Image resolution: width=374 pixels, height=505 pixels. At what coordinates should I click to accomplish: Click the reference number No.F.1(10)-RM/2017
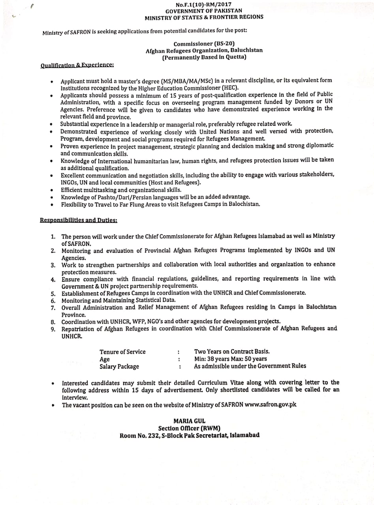(x=204, y=4)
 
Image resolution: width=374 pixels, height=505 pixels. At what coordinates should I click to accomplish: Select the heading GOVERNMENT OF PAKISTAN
(x=204, y=11)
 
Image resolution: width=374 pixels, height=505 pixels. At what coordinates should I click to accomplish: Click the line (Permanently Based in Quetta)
(x=204, y=57)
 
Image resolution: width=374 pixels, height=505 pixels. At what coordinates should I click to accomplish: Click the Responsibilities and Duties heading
(x=79, y=220)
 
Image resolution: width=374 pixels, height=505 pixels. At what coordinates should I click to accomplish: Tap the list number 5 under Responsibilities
(x=53, y=293)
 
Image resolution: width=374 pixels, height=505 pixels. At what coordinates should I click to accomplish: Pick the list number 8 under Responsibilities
(x=53, y=322)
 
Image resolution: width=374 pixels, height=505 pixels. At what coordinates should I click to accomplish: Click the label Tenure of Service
(x=122, y=352)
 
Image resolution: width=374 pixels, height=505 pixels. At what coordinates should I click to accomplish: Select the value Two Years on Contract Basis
(x=232, y=351)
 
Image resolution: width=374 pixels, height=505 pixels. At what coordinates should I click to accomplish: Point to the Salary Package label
(x=119, y=367)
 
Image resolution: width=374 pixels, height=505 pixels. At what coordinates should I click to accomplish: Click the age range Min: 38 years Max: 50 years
(x=230, y=359)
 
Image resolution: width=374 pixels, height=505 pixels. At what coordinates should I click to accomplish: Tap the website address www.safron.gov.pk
(x=271, y=405)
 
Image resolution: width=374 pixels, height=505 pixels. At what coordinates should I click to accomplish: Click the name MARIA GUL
(x=189, y=421)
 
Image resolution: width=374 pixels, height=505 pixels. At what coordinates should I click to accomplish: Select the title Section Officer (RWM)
(x=189, y=428)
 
